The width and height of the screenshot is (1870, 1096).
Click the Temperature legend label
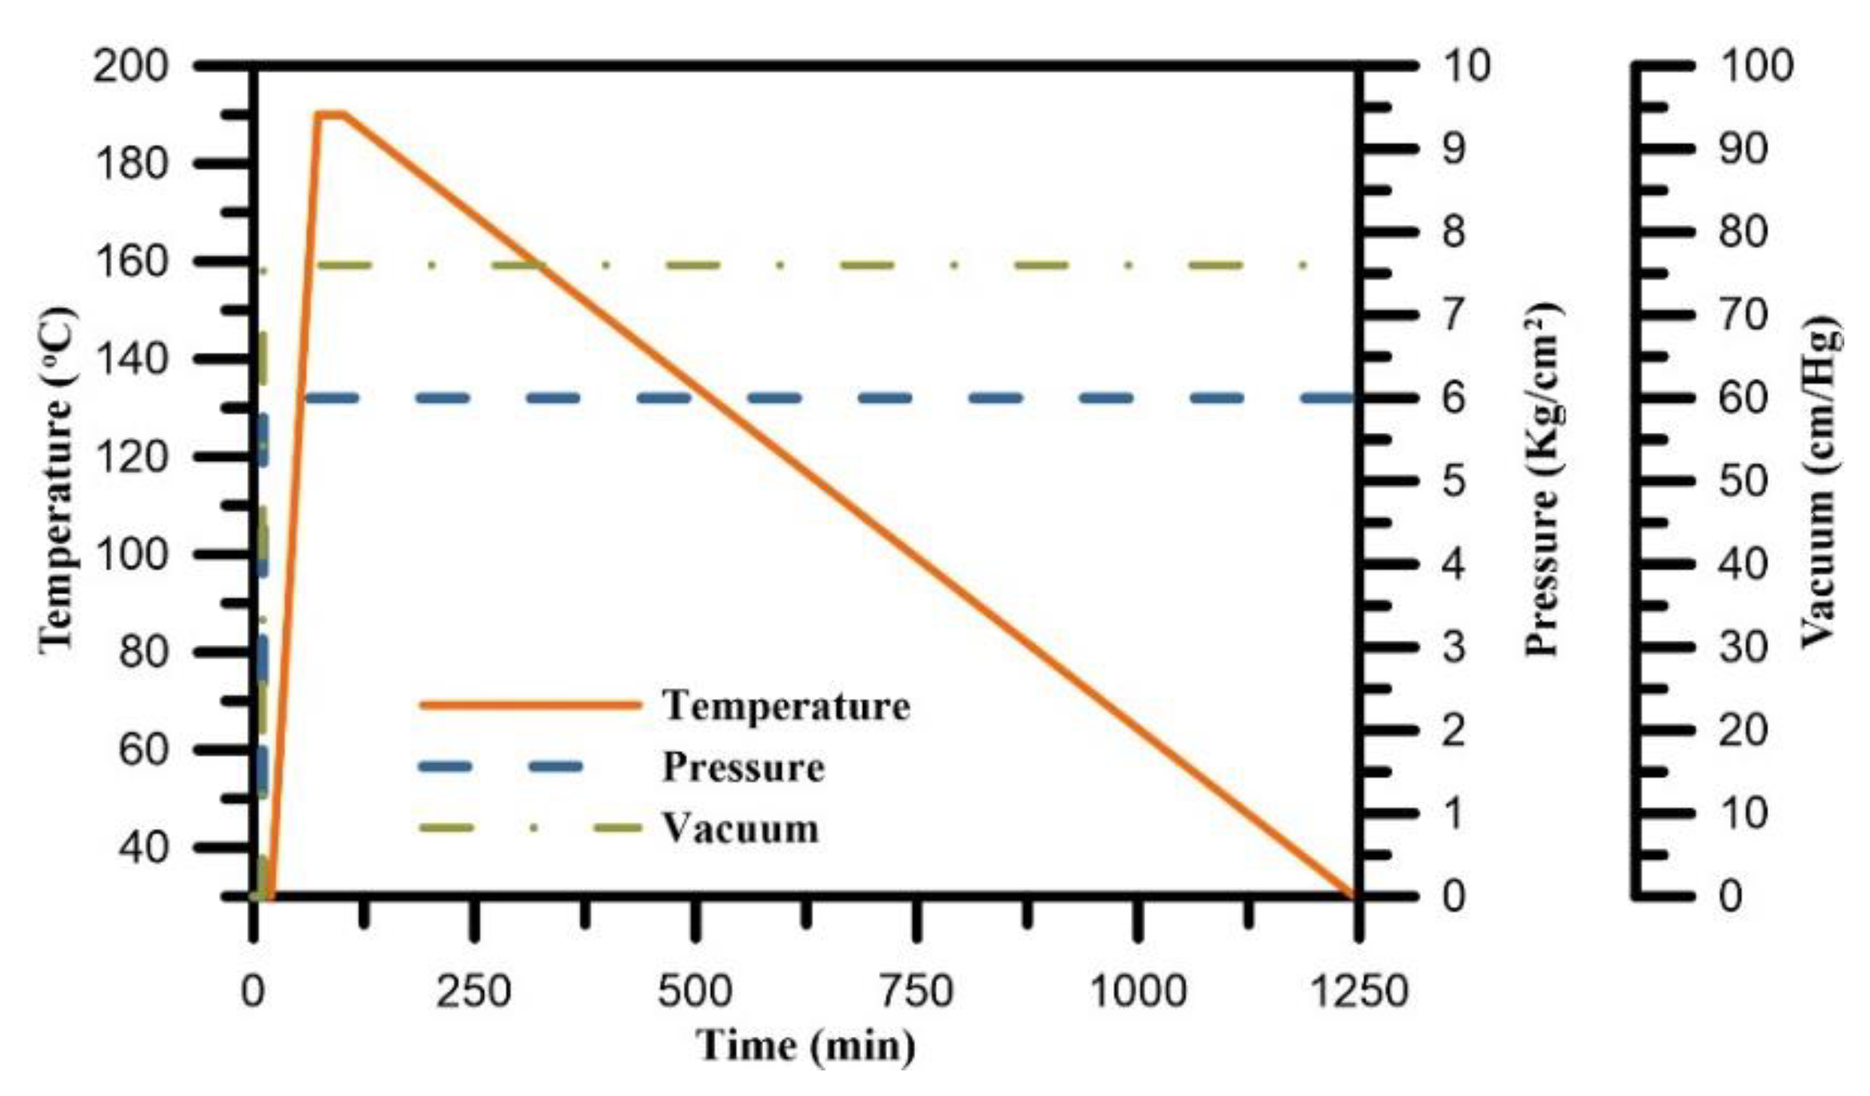[785, 706]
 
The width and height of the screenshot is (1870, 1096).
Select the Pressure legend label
[743, 767]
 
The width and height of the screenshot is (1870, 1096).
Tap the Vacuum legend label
[740, 828]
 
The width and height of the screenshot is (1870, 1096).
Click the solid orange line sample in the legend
[530, 705]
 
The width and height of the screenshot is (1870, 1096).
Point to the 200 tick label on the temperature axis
[130, 66]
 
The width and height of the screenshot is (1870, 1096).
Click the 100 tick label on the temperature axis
[130, 554]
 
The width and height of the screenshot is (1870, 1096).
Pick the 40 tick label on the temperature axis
[143, 847]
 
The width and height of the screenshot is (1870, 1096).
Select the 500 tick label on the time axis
[694, 991]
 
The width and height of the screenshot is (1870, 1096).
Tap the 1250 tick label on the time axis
[1357, 991]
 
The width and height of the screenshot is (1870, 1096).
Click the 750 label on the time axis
[916, 991]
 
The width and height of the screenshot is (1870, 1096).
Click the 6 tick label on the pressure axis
[1453, 398]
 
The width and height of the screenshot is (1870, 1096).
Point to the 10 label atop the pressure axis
[1466, 66]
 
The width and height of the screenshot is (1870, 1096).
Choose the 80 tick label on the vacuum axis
[1743, 232]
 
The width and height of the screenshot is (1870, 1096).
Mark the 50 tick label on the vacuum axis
[1743, 481]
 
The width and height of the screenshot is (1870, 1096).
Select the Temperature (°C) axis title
[58, 480]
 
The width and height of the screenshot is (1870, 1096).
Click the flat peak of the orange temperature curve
[330, 114]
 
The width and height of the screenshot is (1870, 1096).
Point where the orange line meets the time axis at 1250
[1353, 896]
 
